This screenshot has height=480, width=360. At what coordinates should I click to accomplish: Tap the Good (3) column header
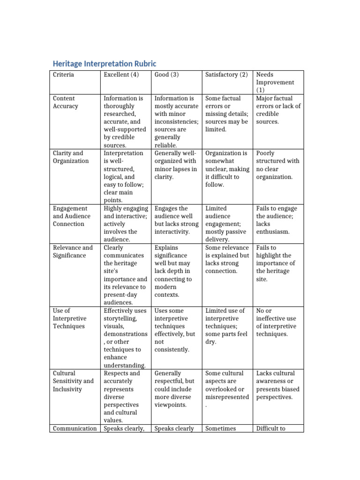(167, 75)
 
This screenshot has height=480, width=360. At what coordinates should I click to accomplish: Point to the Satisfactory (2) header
(226, 75)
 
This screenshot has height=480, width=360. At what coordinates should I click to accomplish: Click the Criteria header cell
(63, 75)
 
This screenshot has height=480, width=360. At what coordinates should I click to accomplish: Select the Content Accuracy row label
(66, 102)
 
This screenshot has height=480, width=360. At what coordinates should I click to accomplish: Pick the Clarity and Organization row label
(71, 157)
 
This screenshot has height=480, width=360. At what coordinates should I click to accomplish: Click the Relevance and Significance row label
(73, 251)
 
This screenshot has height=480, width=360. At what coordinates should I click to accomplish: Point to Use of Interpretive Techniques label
(69, 318)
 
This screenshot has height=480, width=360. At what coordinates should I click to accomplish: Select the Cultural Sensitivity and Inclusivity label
(73, 381)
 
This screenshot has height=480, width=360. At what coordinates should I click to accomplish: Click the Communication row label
(75, 428)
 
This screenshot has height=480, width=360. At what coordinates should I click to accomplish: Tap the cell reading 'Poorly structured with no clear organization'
(277, 165)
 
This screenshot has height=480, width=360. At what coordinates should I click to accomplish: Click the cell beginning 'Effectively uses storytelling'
(125, 338)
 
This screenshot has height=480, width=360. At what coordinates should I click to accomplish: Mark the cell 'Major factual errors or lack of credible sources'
(278, 110)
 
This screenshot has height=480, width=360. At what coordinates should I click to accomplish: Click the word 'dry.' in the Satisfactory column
(211, 342)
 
